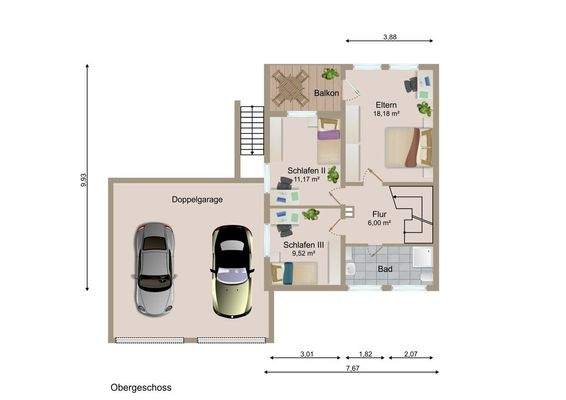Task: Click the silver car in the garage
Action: point(154,269)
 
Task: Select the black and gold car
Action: point(232,271)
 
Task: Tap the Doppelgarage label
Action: point(197,200)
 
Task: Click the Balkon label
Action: point(326,93)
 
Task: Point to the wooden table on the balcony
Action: point(291,88)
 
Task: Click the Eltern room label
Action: point(386,105)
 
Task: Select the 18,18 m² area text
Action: point(386,114)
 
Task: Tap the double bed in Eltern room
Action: point(409,147)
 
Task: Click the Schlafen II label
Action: point(306,170)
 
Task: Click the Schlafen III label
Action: point(304,245)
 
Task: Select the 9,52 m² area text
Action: point(304,253)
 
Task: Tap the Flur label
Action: point(379,214)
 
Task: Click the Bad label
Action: point(385,269)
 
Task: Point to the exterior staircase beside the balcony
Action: point(252,130)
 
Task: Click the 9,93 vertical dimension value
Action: point(84,180)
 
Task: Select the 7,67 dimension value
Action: point(353,368)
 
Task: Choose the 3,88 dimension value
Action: point(390,36)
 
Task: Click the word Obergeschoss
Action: point(141,388)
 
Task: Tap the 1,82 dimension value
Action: point(365,354)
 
